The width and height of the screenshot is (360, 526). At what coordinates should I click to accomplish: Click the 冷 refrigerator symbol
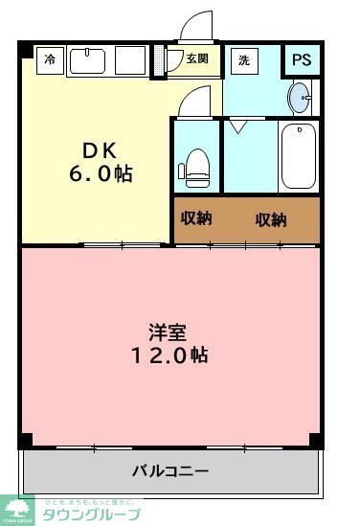click(x=50, y=59)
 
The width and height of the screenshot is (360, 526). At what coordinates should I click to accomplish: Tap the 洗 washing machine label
click(x=244, y=59)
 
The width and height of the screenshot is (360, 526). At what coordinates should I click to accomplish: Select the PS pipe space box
click(x=302, y=59)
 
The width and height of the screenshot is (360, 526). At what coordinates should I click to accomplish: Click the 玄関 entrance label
click(x=197, y=58)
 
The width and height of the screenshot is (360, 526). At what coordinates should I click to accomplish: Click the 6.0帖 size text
click(x=99, y=174)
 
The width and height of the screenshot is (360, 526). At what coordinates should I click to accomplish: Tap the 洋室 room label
click(x=167, y=332)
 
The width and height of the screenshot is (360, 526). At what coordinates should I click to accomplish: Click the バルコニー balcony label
click(x=169, y=470)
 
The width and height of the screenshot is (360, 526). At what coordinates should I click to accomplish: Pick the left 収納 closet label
click(x=196, y=217)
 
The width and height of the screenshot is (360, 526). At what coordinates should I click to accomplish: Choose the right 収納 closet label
click(x=271, y=219)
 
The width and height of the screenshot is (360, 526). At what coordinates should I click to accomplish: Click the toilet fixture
click(x=195, y=165)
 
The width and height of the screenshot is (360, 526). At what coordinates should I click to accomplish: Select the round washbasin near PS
click(x=300, y=96)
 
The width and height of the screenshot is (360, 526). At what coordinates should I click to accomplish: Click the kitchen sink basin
click(x=88, y=60)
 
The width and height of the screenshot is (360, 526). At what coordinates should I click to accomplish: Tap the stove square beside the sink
click(x=129, y=60)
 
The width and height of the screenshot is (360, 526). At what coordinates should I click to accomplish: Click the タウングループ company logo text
click(x=91, y=515)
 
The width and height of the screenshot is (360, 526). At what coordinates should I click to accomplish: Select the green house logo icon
click(x=17, y=510)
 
